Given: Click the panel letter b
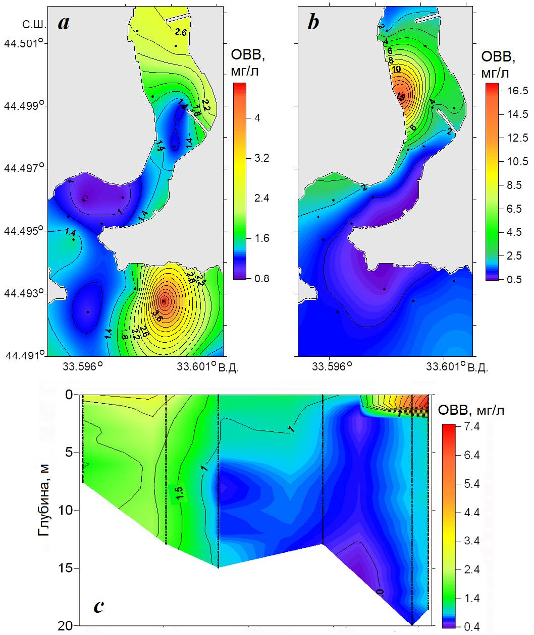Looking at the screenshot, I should coord(313,22).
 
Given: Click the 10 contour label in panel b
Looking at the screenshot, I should coord(396,69).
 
